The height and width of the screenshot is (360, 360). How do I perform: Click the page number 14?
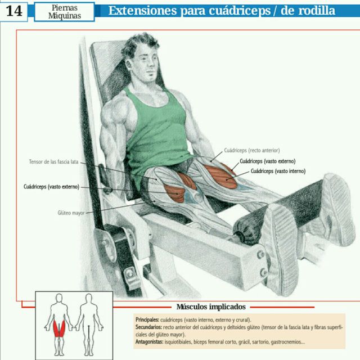(15, 11)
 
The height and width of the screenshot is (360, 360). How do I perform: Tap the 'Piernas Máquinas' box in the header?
(64, 11)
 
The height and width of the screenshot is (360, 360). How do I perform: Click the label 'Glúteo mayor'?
(71, 213)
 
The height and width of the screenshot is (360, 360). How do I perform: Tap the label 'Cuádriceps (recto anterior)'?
(251, 150)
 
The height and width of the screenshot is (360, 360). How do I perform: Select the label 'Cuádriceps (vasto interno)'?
(278, 170)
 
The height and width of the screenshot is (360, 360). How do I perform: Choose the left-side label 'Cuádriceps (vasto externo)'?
(51, 186)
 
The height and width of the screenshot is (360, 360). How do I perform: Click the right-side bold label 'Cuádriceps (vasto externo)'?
(267, 161)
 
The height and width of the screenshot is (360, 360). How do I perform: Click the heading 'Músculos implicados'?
(211, 307)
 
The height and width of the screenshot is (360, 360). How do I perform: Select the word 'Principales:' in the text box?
(147, 319)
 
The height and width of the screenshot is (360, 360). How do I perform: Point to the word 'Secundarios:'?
(148, 327)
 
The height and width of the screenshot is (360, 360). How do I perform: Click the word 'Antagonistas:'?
(150, 341)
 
